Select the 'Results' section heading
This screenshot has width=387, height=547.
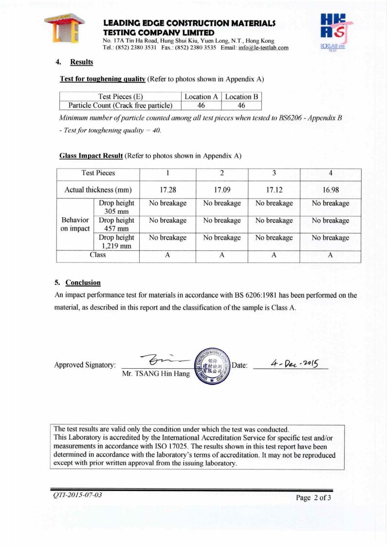point(81,62)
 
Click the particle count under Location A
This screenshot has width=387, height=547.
point(201,105)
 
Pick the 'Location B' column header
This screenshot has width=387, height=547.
point(241,96)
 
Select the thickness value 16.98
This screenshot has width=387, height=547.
point(331,188)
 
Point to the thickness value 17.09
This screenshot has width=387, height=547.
point(221,188)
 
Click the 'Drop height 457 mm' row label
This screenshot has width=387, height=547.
point(116,225)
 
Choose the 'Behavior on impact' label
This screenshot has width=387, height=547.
point(74,225)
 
